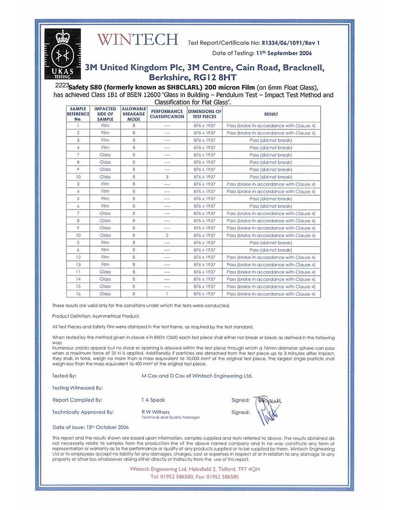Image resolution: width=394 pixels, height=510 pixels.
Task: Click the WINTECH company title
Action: [138, 40]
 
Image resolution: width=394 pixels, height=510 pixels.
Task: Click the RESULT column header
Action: [271, 114]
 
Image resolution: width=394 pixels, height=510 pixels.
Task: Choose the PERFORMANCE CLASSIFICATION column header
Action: [167, 114]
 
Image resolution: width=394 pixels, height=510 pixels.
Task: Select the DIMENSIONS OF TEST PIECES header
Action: [204, 114]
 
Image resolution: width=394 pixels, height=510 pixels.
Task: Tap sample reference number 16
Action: [79, 294]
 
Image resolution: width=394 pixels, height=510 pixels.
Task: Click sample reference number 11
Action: [79, 272]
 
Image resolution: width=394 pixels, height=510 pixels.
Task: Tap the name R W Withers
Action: [155, 412]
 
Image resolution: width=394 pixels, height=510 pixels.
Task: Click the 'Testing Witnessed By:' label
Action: [77, 388]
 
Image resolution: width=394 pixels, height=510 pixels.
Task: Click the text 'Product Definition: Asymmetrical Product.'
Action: [96, 316]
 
